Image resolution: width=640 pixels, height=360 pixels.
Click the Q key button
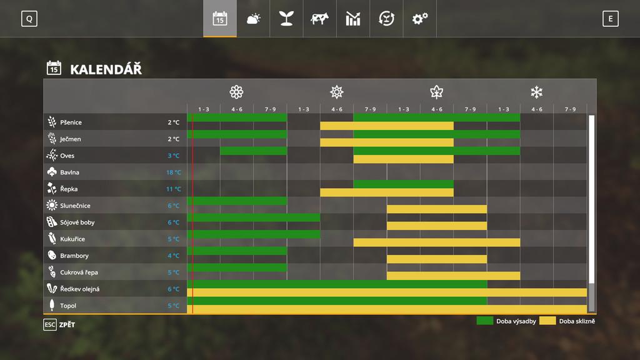[x=29, y=19]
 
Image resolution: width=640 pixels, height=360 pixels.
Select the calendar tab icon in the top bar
[x=220, y=19]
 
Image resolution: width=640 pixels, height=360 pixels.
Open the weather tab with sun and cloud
[x=253, y=19]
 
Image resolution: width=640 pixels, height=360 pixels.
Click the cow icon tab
[x=319, y=19]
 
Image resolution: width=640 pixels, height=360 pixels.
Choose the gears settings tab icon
[x=419, y=19]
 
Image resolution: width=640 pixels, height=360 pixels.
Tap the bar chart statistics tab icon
[x=353, y=19]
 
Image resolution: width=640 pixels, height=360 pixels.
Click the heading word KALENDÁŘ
[x=106, y=69]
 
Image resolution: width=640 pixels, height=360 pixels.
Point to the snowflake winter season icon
[x=536, y=92]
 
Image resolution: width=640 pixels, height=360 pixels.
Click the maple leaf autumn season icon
[x=436, y=92]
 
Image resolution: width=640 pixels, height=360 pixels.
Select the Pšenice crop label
[x=71, y=122]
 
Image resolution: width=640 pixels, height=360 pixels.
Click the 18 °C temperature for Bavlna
[x=173, y=172]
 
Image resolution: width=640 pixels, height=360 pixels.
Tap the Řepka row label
[x=69, y=189]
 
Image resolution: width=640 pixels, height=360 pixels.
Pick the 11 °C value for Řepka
[x=173, y=189]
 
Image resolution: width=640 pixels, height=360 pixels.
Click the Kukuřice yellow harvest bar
[x=436, y=242]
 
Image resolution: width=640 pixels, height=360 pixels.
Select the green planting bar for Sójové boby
[x=253, y=217]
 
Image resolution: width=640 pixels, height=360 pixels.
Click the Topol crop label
[x=68, y=306]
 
